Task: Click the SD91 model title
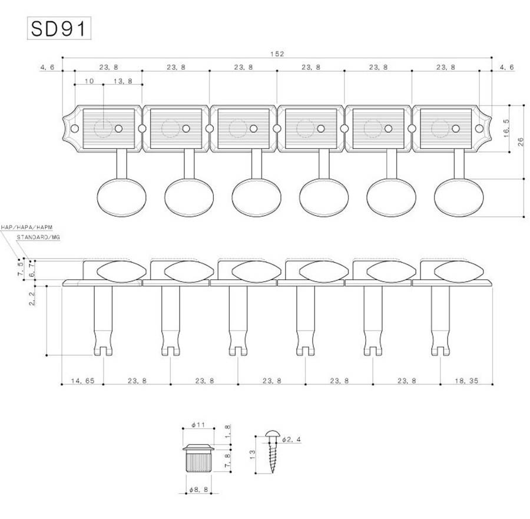(x=59, y=29)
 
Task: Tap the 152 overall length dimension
(x=277, y=54)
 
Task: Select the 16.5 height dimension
(x=505, y=128)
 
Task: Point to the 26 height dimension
(x=520, y=141)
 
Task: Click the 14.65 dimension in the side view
(x=82, y=381)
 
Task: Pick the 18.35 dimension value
(x=466, y=381)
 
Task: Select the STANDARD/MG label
(x=38, y=236)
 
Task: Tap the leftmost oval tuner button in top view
(x=117, y=197)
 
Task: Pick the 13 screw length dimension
(x=252, y=454)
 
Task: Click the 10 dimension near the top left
(x=89, y=81)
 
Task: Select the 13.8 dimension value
(x=122, y=81)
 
